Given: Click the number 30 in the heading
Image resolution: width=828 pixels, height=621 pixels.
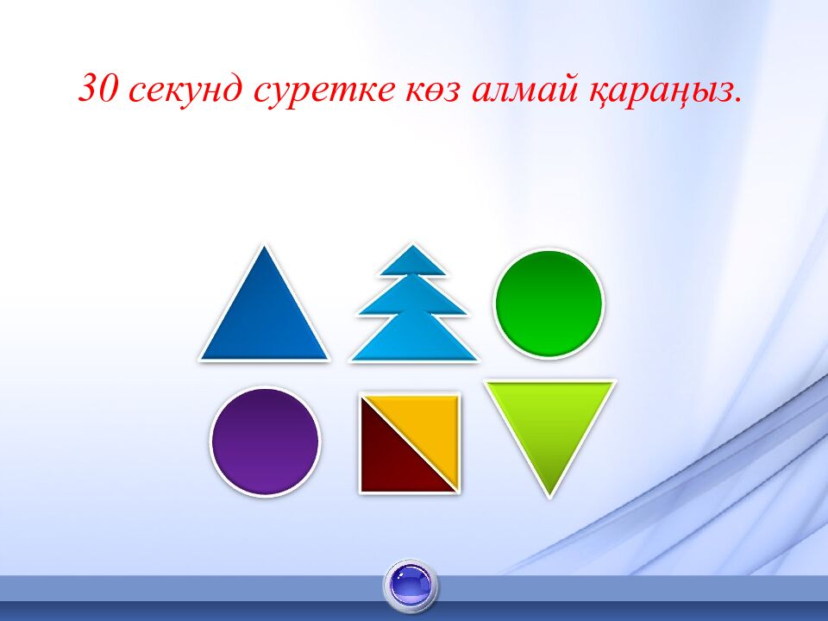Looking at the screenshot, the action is point(98,87).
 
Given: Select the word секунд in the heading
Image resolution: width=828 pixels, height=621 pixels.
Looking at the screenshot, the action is point(185,91).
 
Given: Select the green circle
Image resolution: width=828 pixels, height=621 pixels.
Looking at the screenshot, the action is point(549,303).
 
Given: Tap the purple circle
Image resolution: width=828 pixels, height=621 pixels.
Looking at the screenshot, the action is point(265,442).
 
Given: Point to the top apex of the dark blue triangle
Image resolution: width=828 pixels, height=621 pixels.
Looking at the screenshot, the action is point(265,246).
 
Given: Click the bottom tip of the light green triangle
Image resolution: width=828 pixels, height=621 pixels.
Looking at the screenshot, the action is point(549,497).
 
